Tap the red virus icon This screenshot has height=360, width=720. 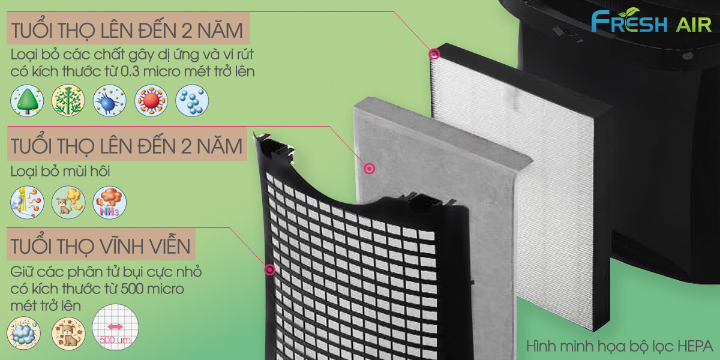pyautogui.click(x=151, y=100)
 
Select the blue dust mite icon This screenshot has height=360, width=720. pyautogui.click(x=109, y=100)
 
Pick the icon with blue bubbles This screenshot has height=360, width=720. pyautogui.click(x=192, y=100)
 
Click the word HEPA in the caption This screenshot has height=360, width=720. pyautogui.click(x=694, y=347)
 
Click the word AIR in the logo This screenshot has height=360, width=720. pyautogui.click(x=691, y=24)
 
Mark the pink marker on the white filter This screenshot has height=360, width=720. pyautogui.click(x=434, y=55)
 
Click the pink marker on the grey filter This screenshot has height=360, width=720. pyautogui.click(x=370, y=169)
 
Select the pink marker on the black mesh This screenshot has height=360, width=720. pyautogui.click(x=269, y=269)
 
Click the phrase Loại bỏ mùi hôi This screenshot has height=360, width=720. pyautogui.click(x=60, y=172)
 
